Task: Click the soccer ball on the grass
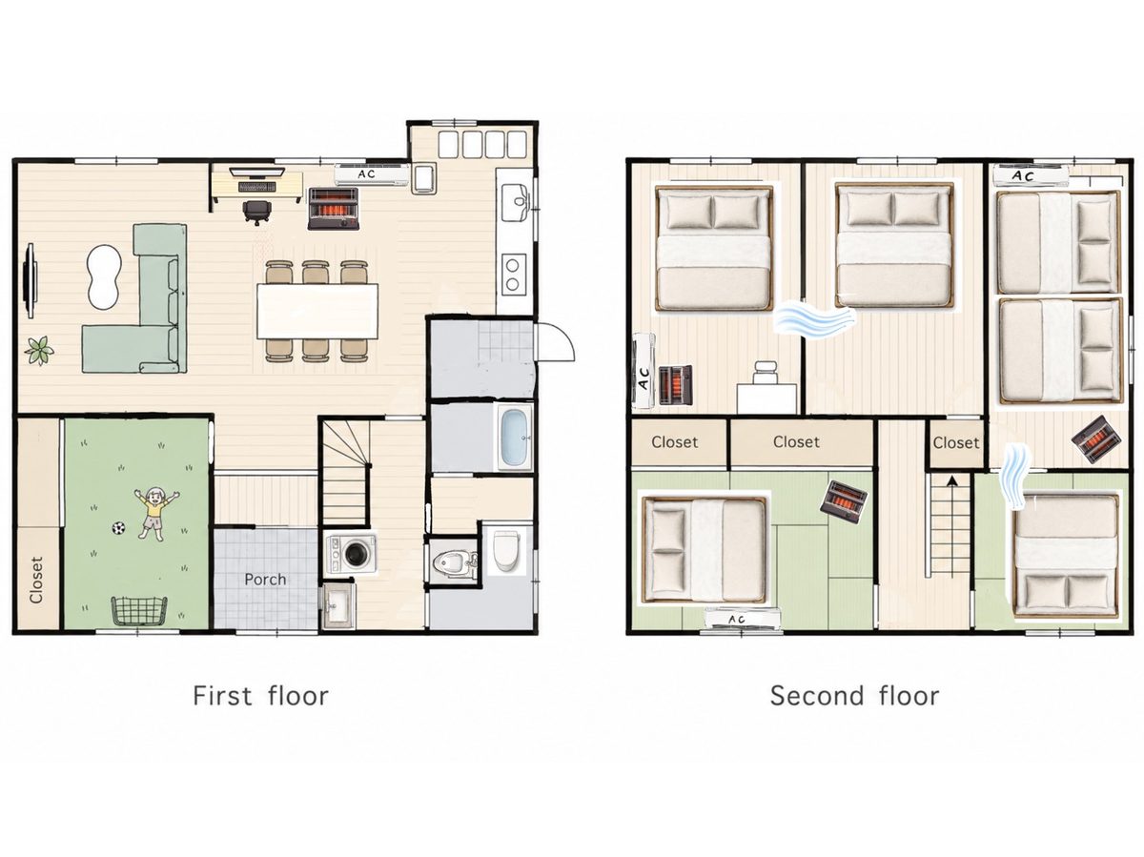118,528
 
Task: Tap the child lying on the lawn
154,513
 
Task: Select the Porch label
265,580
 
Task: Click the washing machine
351,553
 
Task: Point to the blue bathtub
515,438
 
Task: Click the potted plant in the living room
39,350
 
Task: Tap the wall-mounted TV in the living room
31,280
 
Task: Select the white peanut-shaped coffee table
104,276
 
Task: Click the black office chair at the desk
257,212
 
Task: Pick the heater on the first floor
334,209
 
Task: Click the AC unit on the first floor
372,174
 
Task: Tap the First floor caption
260,696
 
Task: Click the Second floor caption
854,696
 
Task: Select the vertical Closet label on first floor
36,581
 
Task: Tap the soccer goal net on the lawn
139,610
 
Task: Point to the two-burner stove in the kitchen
513,275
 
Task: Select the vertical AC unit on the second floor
643,371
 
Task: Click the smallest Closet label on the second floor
956,443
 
